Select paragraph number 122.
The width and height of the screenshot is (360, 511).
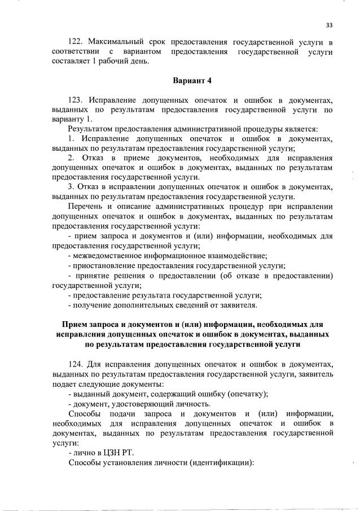(76, 42)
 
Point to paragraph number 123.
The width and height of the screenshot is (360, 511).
(76, 99)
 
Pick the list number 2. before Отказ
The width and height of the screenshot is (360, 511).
(71, 158)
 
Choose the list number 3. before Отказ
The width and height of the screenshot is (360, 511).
(71, 187)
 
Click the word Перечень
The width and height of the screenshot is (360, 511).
(85, 207)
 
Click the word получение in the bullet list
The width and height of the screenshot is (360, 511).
(91, 305)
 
